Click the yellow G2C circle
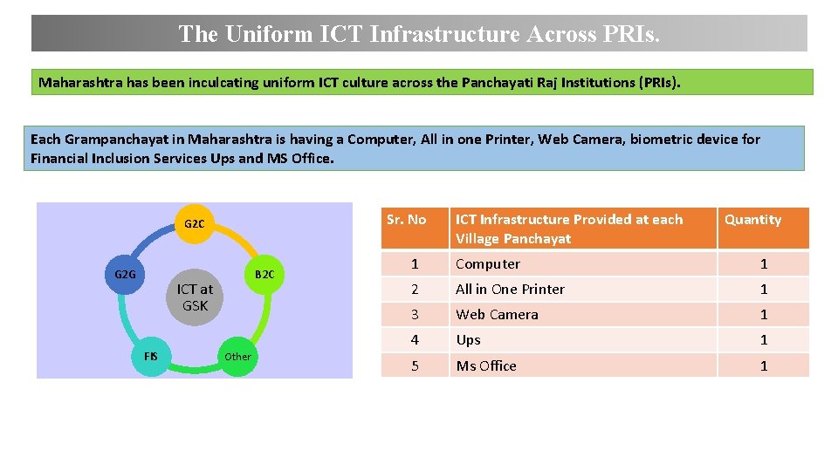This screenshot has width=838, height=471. [x=195, y=224]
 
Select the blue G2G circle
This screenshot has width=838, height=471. [x=126, y=275]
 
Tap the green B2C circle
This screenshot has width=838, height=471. [x=264, y=275]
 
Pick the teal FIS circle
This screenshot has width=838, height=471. [x=151, y=356]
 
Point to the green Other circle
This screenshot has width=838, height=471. [x=237, y=356]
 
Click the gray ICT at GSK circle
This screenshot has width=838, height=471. [x=195, y=297]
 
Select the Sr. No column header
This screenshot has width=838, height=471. [x=407, y=220]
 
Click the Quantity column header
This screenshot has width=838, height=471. [x=752, y=220]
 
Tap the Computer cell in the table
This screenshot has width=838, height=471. [x=488, y=264]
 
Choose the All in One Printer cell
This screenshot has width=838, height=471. [x=510, y=290]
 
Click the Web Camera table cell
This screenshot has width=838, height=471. [x=497, y=315]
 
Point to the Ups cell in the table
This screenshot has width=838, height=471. [x=469, y=340]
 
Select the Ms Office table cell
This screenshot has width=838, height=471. [x=486, y=365]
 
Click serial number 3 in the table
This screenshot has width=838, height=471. [x=415, y=315]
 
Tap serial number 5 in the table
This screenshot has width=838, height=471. [x=415, y=365]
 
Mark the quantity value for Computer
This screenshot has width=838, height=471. [x=763, y=264]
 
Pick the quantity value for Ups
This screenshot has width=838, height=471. [x=763, y=340]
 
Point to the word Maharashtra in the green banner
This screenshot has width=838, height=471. [x=79, y=83]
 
